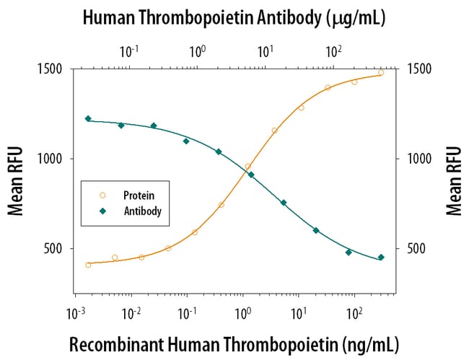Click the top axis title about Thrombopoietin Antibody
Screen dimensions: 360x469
point(234,17)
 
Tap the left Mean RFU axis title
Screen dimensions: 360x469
point(15,181)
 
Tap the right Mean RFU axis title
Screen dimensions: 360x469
point(453,181)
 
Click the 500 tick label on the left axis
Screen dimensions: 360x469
point(54,249)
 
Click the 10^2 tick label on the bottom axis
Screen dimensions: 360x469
point(354,312)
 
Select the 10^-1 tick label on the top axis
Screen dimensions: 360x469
point(130,51)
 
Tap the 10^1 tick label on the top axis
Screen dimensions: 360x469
point(266,51)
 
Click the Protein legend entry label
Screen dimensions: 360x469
point(139,196)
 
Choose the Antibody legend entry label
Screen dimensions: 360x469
point(143,211)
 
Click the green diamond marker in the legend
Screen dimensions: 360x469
point(102,211)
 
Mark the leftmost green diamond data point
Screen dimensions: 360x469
point(88,118)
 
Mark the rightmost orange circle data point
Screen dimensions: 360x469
point(381,72)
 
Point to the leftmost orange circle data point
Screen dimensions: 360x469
point(88,265)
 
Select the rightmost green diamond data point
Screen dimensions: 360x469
point(381,257)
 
